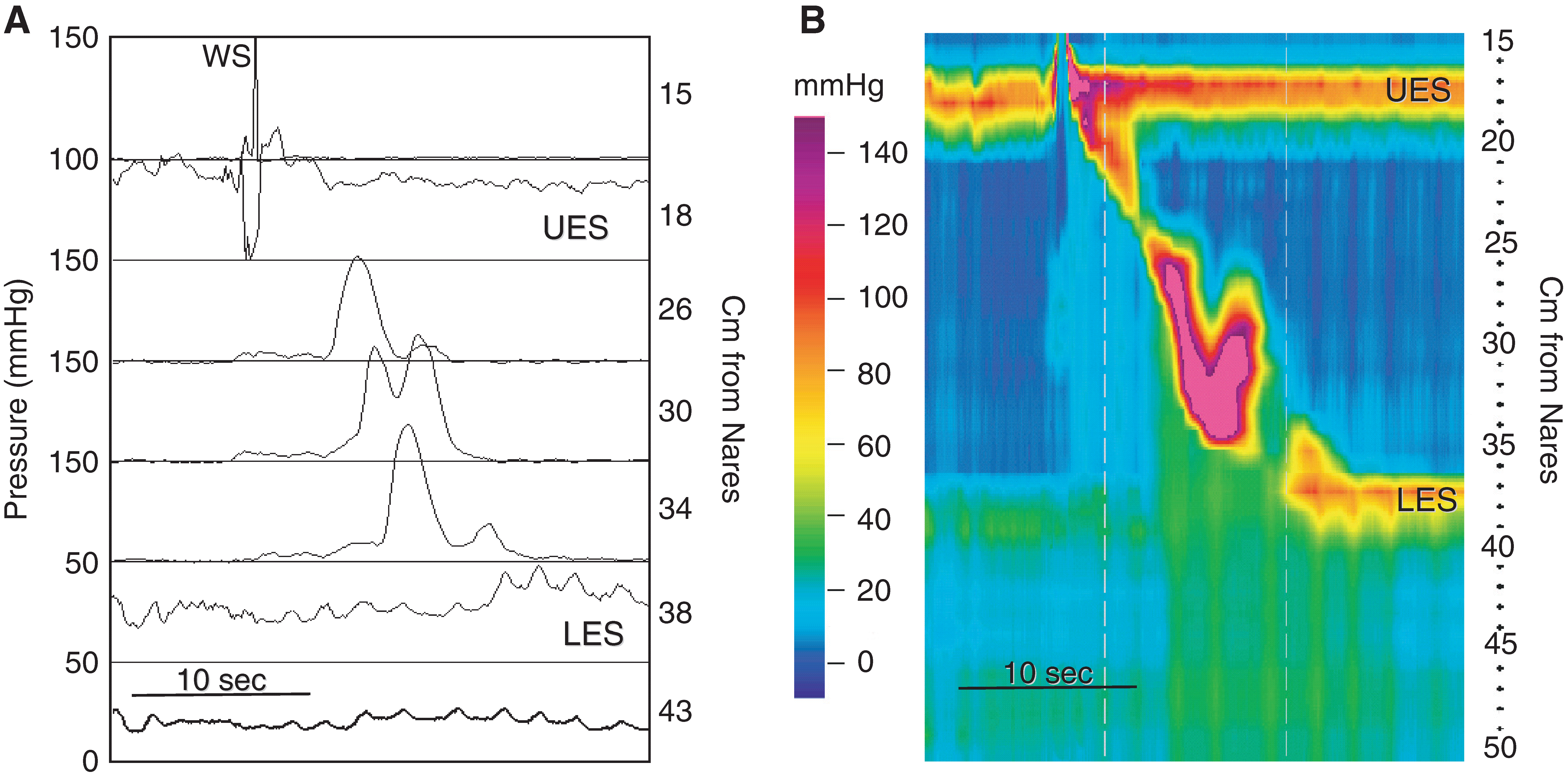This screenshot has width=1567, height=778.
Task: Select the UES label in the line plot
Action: point(575,228)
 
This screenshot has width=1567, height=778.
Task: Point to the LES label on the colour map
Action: point(1426,500)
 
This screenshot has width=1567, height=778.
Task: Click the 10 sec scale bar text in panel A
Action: point(221,680)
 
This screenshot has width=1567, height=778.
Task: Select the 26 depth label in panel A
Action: point(675,310)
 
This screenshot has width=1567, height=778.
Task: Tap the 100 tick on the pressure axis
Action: point(73,160)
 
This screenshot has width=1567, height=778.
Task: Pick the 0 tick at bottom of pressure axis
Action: point(90,761)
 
